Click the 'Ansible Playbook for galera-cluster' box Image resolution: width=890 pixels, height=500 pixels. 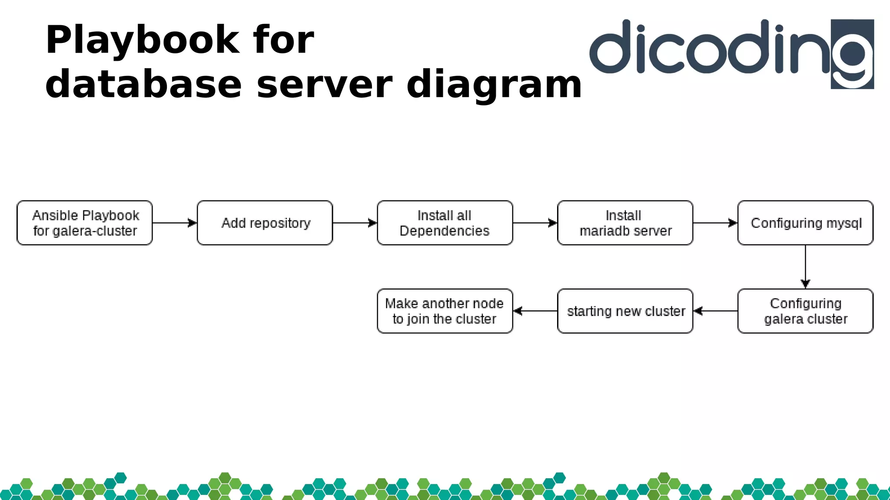tap(85, 223)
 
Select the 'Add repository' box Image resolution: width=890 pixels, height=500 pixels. tap(265, 223)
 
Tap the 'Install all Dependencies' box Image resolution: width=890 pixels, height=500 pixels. tap(445, 223)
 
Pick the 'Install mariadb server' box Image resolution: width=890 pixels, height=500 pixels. tap(625, 223)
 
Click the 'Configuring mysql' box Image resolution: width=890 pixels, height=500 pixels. tap(805, 223)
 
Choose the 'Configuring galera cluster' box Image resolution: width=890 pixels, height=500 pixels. tap(805, 311)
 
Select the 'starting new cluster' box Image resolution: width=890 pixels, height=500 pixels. tap(625, 311)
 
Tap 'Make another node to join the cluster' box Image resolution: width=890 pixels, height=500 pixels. tap(445, 311)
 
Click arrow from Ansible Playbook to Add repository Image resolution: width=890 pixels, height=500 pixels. tap(174, 223)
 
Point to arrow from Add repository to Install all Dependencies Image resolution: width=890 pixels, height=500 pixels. tap(355, 223)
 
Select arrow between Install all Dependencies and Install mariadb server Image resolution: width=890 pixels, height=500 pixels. tap(535, 223)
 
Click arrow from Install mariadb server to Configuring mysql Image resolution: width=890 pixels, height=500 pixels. tap(715, 223)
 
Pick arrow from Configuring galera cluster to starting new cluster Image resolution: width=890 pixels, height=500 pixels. tap(715, 311)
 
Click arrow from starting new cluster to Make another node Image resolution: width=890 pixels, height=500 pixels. tap(535, 311)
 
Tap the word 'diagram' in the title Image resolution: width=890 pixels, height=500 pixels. tap(494, 84)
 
